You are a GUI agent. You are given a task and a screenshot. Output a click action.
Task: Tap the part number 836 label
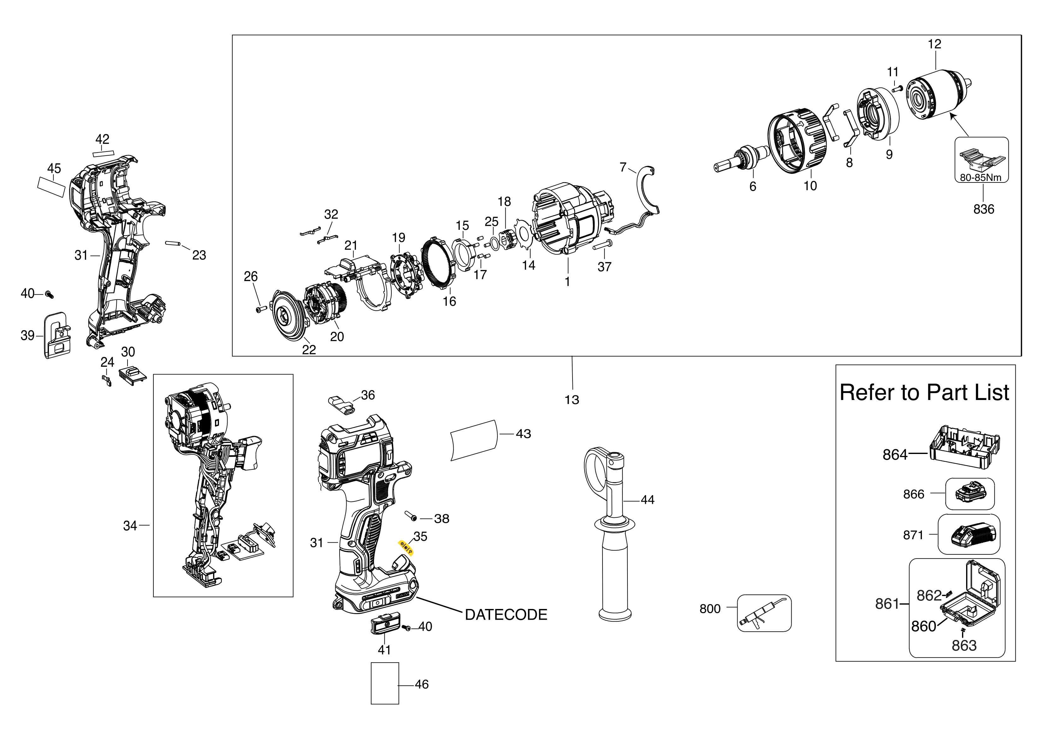tap(983, 209)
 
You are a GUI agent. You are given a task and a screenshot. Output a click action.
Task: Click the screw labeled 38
tap(410, 515)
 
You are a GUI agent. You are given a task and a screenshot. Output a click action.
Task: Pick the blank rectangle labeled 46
tap(385, 683)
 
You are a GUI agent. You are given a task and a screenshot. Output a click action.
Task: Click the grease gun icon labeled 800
tap(764, 613)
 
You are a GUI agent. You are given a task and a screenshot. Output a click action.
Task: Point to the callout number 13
tap(572, 400)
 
